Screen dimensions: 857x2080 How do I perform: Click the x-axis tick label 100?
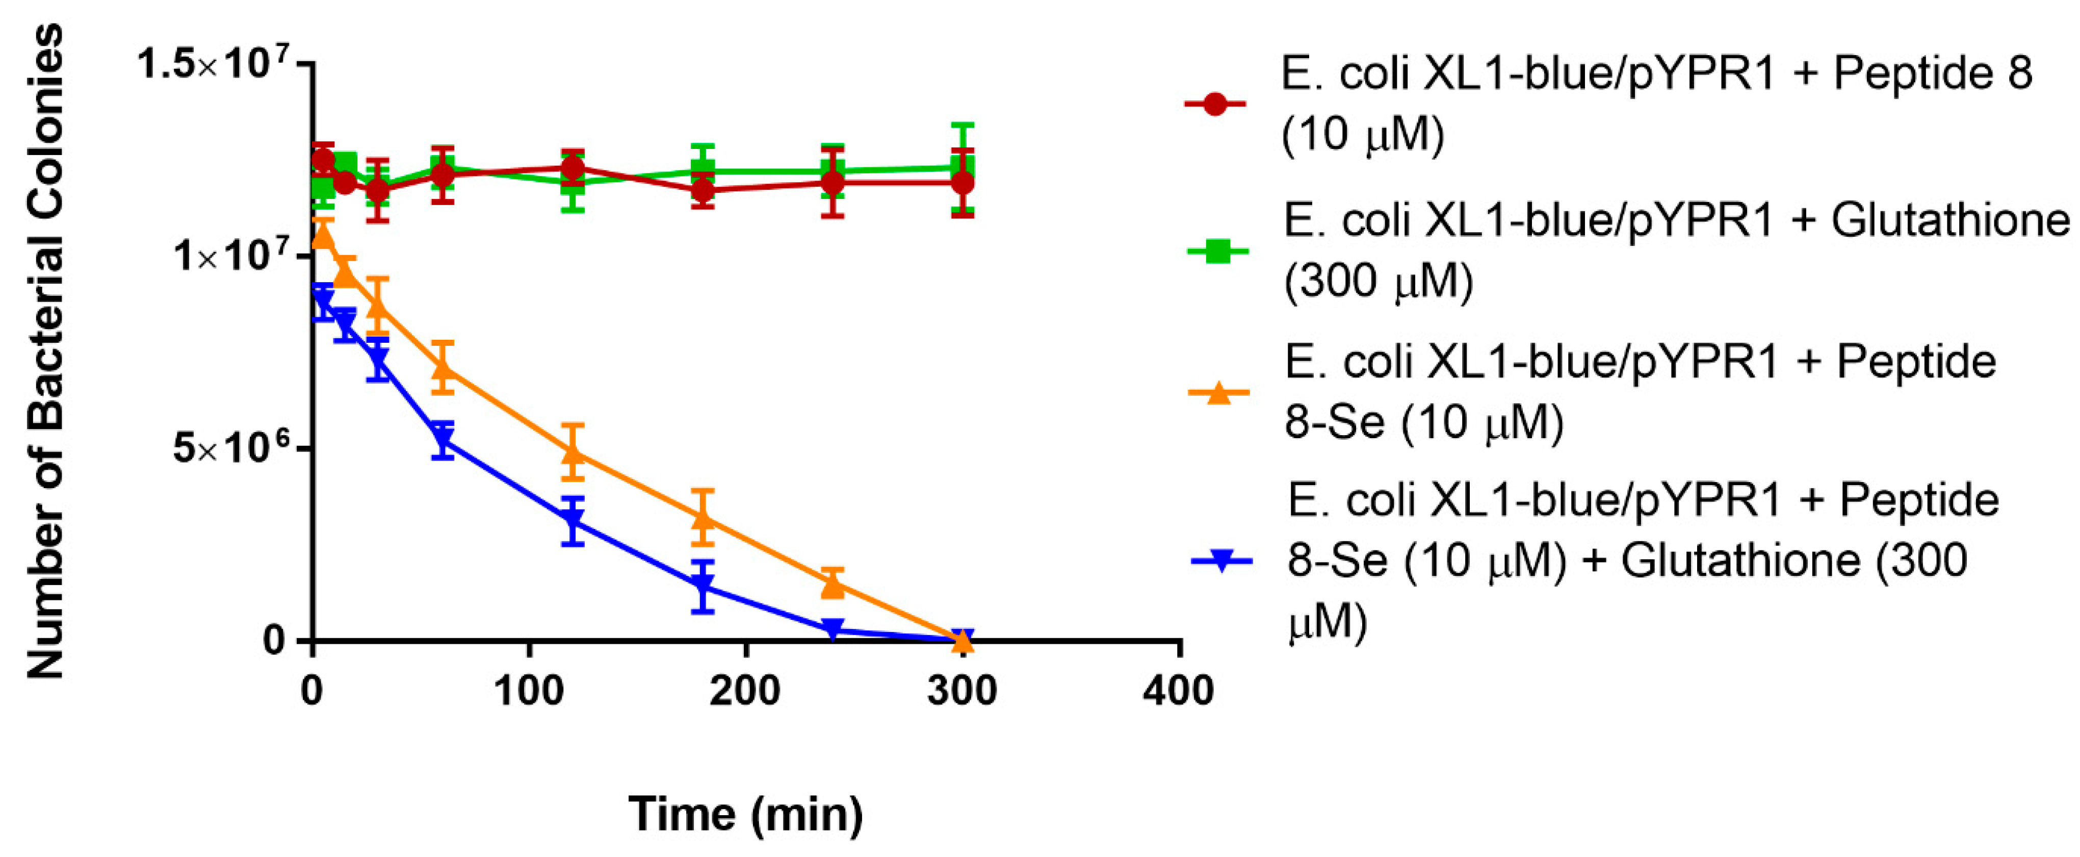529,691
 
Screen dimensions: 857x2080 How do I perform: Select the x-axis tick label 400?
1179,691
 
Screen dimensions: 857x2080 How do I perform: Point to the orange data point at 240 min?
833,583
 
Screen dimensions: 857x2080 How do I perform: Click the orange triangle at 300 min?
961,641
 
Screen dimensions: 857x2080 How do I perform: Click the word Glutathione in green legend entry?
1950,220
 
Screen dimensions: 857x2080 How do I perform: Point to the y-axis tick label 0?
275,641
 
